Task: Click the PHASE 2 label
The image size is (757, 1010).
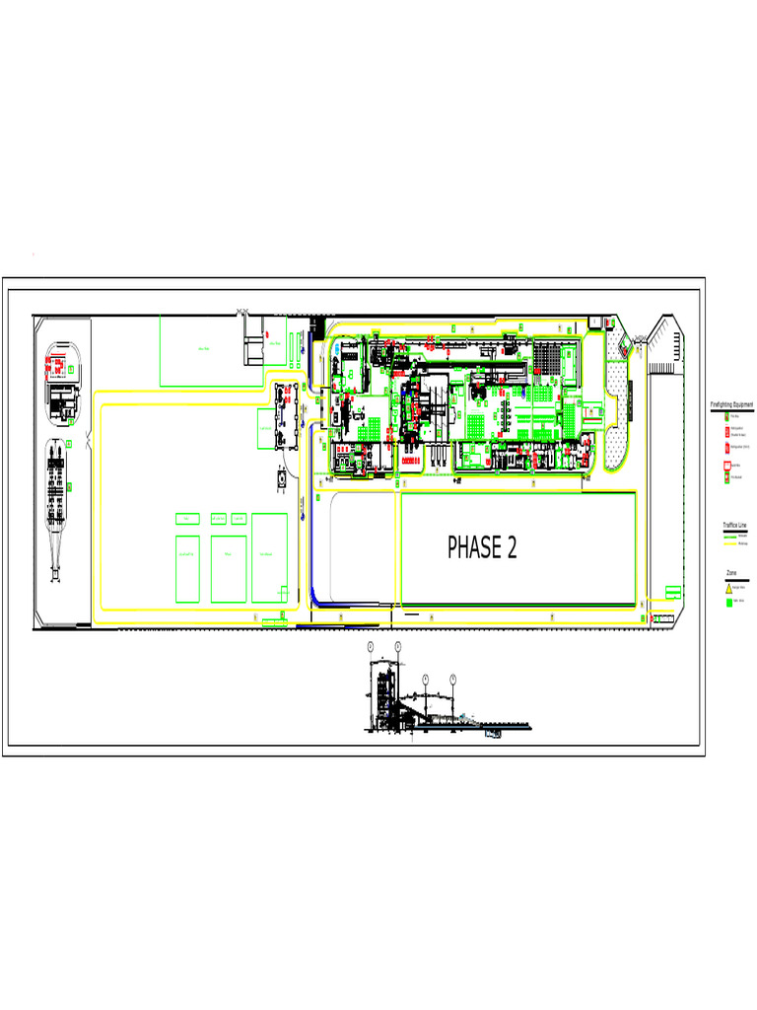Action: [482, 547]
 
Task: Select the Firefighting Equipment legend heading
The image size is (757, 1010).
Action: [731, 405]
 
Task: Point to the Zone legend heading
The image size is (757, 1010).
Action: [731, 573]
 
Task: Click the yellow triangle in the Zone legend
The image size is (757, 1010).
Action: [728, 587]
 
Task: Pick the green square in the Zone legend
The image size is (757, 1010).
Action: [728, 601]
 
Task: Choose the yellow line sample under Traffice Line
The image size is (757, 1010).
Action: [730, 542]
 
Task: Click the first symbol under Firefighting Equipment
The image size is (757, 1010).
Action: [727, 417]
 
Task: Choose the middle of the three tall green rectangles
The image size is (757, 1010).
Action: [228, 568]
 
